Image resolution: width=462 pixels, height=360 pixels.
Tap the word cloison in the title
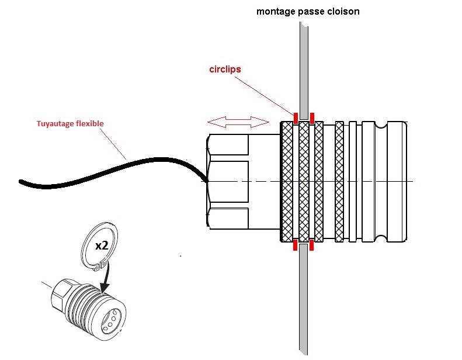(342, 11)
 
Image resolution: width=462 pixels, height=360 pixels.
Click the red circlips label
(225, 69)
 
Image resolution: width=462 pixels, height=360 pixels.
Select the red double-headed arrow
(238, 122)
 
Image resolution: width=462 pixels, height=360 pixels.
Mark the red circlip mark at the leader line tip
(296, 117)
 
